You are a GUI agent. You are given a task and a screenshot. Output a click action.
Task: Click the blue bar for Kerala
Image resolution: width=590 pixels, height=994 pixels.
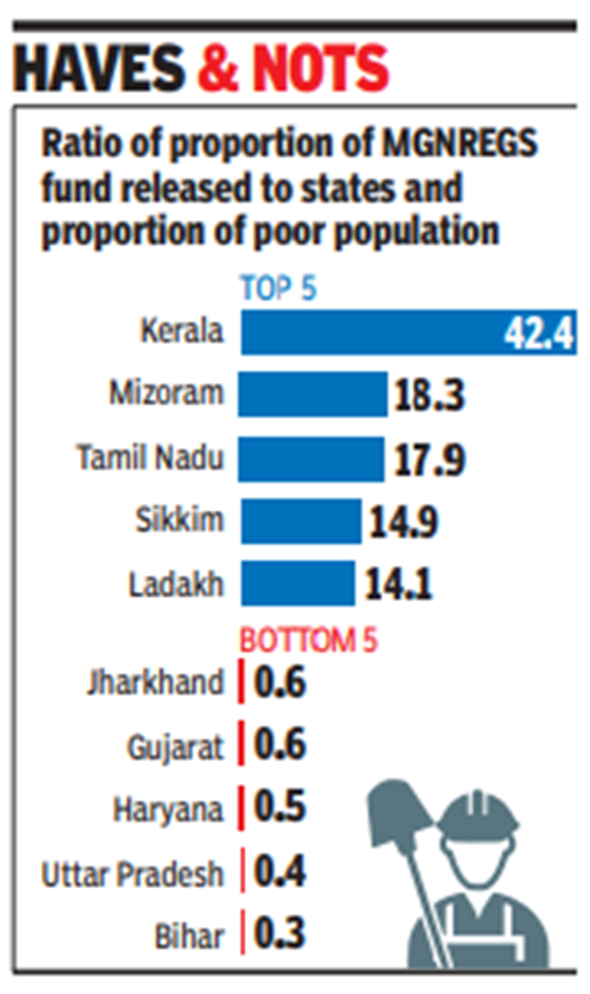(x=372, y=332)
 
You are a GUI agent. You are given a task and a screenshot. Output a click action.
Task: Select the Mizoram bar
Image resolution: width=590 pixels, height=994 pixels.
(x=312, y=394)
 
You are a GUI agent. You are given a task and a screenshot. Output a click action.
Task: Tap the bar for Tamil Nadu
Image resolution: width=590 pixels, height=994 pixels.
(x=310, y=458)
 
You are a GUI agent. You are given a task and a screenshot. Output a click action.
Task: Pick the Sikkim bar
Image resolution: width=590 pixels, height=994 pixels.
(x=300, y=520)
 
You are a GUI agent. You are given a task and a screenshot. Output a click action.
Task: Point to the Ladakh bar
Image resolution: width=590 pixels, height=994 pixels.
(x=297, y=583)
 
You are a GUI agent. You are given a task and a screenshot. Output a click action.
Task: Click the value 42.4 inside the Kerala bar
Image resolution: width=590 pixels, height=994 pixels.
(x=538, y=334)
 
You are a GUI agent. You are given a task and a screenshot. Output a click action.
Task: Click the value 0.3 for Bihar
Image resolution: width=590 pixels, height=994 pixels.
(x=280, y=933)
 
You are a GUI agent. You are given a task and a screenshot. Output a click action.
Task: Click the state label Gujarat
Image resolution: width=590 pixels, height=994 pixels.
(x=176, y=747)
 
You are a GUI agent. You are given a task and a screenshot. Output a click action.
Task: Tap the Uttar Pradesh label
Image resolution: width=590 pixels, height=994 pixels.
(x=133, y=873)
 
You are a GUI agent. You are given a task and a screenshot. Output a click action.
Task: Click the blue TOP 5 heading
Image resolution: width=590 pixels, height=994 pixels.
(x=279, y=288)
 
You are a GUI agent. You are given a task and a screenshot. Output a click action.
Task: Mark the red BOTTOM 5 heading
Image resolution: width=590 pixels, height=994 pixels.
(x=308, y=640)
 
